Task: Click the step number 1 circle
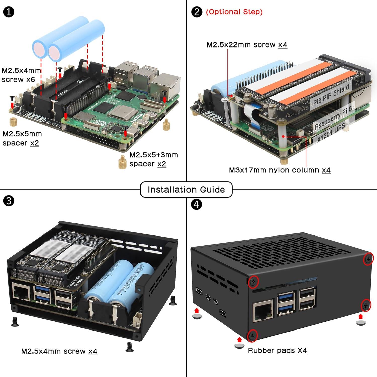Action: [x=9, y=12]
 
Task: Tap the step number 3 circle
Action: [x=9, y=201]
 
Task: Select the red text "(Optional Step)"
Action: [x=234, y=12]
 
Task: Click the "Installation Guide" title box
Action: [x=186, y=190]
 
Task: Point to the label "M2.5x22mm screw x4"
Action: [x=247, y=45]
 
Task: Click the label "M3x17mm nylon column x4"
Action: [x=279, y=170]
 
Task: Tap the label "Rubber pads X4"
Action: [x=277, y=350]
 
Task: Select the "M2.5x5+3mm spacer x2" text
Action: [x=153, y=159]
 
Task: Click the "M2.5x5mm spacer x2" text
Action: [x=22, y=138]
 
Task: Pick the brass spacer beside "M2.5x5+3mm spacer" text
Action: [x=122, y=162]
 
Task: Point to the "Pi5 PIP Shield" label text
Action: [x=331, y=95]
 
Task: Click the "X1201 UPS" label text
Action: [x=331, y=133]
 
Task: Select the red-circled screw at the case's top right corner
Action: [x=369, y=259]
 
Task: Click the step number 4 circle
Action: [x=196, y=204]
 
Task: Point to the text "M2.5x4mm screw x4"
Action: [x=59, y=351]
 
